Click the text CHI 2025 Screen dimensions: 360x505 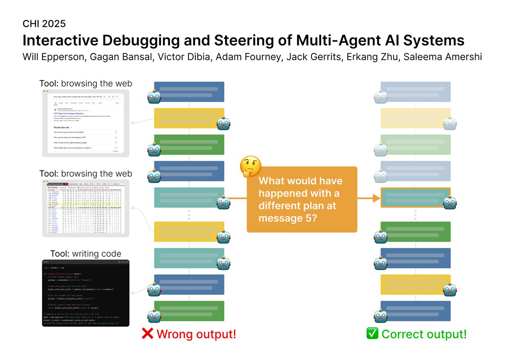tap(44, 24)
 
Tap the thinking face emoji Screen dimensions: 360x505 tap(250, 167)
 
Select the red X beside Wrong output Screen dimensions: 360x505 tap(147, 334)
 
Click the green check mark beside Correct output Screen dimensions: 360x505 tap(372, 334)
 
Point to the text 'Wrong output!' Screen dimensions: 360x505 tap(196, 334)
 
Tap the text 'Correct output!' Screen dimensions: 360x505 tap(424, 334)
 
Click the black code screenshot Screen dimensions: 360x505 tap(85, 293)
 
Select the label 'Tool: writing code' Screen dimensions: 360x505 tap(85, 254)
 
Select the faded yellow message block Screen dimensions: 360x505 tap(415, 118)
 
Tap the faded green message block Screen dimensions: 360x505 tap(415, 145)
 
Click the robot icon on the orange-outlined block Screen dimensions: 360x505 tap(451, 202)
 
